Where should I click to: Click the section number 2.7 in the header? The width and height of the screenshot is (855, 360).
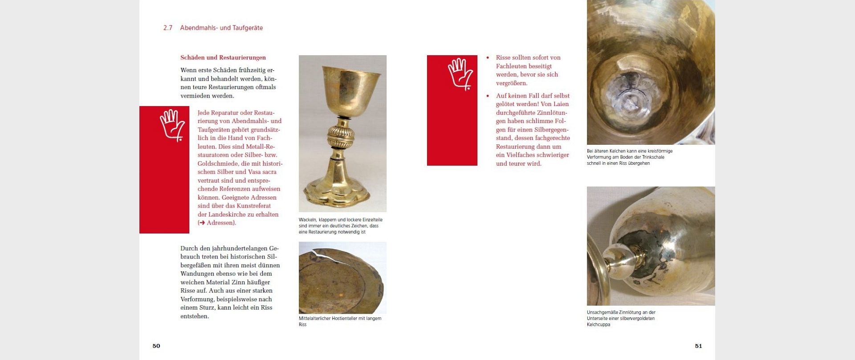coord(167,28)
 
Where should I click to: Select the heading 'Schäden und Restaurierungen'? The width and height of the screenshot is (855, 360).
coord(223,57)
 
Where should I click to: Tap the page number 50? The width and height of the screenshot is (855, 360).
coord(156,346)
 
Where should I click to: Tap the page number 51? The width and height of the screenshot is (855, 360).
coord(698,346)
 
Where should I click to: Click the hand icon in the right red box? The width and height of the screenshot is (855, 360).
coord(460,74)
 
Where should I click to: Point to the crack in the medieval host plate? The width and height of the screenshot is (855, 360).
coord(324,255)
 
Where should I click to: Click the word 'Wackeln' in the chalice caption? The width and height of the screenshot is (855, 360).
coord(307,220)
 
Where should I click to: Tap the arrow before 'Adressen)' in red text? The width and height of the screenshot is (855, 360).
coord(202,223)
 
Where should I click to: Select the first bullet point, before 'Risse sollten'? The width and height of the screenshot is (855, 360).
coord(488,58)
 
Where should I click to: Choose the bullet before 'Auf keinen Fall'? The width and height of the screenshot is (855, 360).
coord(488,96)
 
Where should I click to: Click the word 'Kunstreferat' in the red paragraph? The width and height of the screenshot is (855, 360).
coord(253,206)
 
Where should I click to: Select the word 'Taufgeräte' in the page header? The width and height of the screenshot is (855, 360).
coord(248,28)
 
